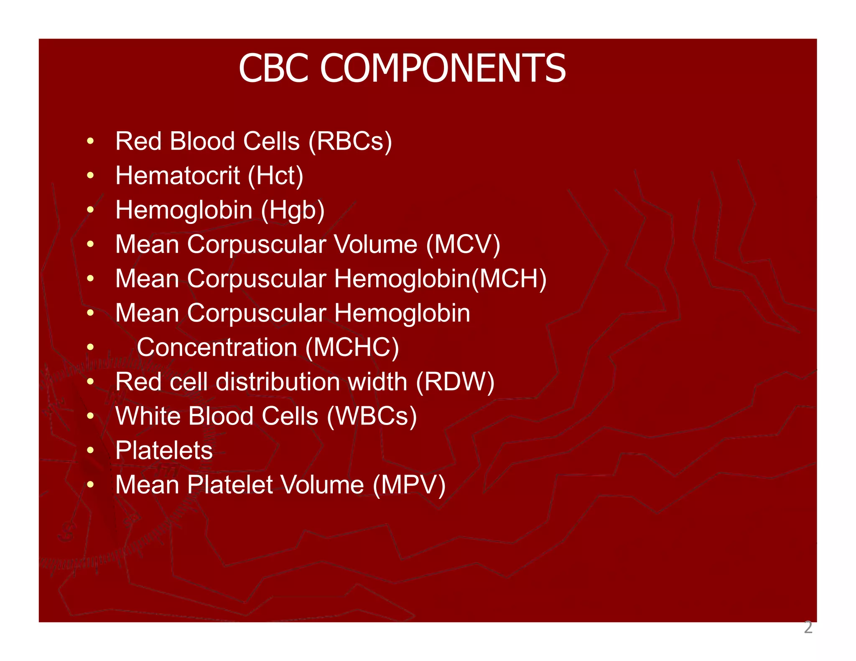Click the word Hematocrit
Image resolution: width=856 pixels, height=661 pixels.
point(178,175)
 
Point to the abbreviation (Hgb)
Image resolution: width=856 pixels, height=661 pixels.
point(293,210)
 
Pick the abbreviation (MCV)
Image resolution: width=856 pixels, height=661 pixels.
point(463,244)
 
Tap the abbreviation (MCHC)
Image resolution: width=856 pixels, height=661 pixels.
point(352,348)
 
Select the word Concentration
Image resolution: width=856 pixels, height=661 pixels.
point(217,348)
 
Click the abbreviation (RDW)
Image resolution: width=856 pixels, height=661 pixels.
point(455,382)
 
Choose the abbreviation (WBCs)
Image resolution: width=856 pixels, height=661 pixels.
point(372,417)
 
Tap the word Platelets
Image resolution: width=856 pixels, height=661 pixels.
point(164,451)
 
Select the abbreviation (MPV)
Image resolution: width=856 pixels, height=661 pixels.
point(409,485)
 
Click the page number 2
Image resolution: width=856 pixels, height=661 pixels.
point(808,628)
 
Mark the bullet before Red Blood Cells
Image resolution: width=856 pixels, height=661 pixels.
point(90,141)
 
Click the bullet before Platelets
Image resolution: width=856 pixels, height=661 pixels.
point(90,451)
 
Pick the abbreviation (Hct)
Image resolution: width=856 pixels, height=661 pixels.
point(275,175)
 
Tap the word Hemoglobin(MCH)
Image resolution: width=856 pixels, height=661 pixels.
point(440,279)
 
